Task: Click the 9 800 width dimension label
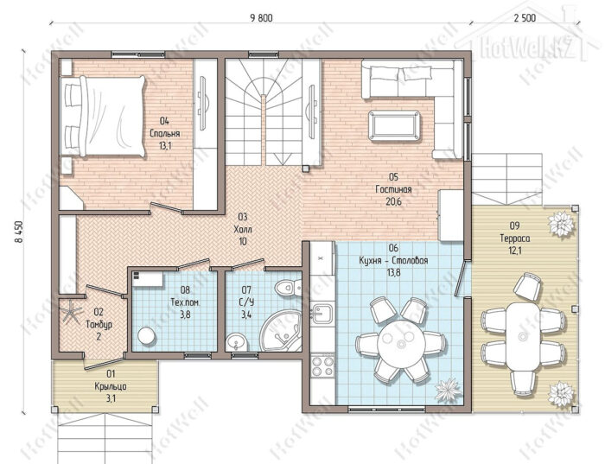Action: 261,18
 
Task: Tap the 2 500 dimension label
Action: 525,18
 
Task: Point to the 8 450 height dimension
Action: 18,232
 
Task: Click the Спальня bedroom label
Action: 165,133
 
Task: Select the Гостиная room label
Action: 393,189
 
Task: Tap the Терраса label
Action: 515,238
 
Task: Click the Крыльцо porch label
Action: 111,386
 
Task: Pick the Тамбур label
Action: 99,324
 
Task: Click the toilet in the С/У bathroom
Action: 288,288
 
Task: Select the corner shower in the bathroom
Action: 283,332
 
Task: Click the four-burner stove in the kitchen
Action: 322,366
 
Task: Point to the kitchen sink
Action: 322,313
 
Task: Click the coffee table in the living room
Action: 394,126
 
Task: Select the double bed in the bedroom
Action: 103,116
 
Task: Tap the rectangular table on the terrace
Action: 523,336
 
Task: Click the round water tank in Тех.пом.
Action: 147,335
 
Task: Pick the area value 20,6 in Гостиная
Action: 393,201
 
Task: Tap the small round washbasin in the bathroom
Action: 234,341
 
